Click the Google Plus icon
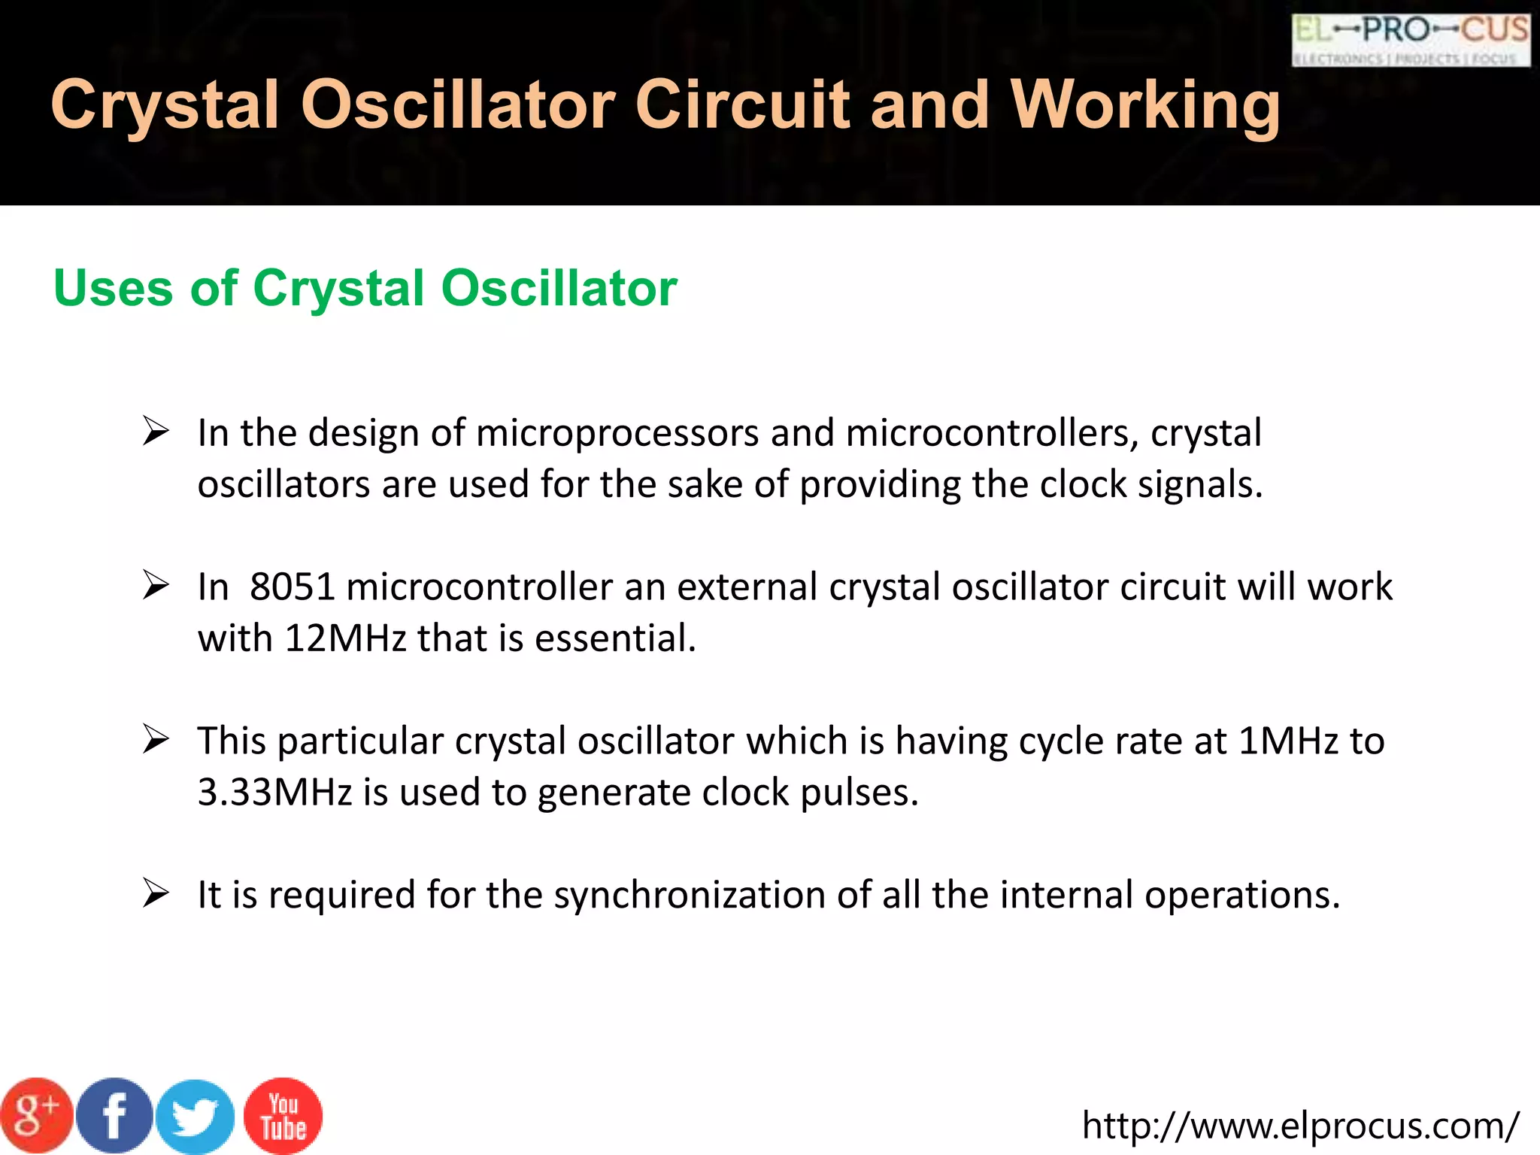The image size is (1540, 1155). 36,1115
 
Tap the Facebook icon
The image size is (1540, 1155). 114,1116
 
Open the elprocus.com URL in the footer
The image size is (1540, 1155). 1300,1125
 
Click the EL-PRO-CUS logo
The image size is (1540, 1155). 1411,39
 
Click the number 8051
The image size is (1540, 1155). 292,587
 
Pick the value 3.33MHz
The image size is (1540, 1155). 274,793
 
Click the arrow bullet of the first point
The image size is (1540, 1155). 156,432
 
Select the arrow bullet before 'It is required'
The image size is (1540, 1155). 156,894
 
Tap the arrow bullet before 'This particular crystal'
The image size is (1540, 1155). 156,740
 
